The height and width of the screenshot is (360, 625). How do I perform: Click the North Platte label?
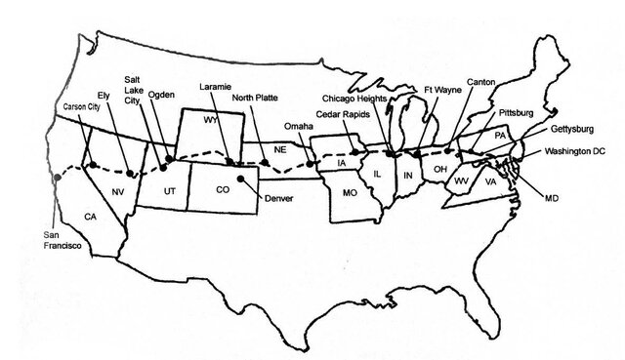coord(257,99)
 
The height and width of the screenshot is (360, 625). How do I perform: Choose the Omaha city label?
coord(299,126)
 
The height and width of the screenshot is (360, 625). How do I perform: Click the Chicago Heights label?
coord(359,99)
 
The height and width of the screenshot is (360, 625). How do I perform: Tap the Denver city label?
coord(278,199)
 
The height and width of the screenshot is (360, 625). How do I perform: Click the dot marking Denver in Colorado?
coord(241,180)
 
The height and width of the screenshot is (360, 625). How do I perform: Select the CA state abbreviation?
coord(89,216)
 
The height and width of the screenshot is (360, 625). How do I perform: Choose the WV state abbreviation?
coord(461,181)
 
